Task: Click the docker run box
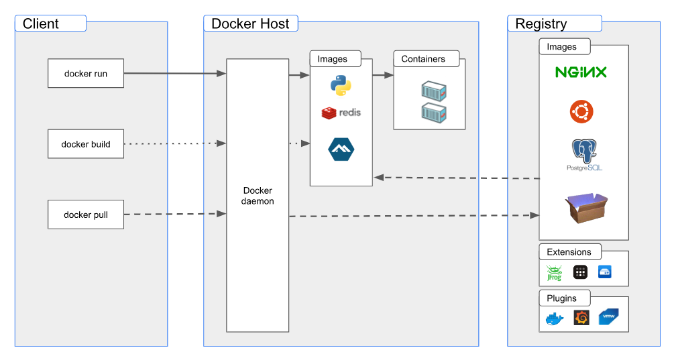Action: pyautogui.click(x=86, y=73)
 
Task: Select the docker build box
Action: pyautogui.click(x=86, y=143)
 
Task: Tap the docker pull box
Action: pyautogui.click(x=86, y=215)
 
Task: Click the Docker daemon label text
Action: pyautogui.click(x=258, y=196)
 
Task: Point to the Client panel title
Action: pyautogui.click(x=41, y=24)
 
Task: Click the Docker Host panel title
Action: pyautogui.click(x=250, y=24)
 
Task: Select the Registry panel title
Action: pyautogui.click(x=541, y=24)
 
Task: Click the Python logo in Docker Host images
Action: pyautogui.click(x=341, y=86)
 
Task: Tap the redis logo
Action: pyautogui.click(x=341, y=113)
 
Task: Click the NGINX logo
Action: pyautogui.click(x=581, y=72)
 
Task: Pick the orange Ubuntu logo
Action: pyautogui.click(x=581, y=111)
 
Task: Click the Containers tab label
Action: pyautogui.click(x=423, y=59)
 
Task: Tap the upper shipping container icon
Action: pyautogui.click(x=434, y=91)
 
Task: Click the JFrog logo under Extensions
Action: pyautogui.click(x=554, y=273)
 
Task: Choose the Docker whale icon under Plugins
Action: pyautogui.click(x=555, y=318)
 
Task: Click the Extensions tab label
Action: pyautogui.click(x=569, y=252)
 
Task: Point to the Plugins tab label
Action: pyautogui.click(x=561, y=298)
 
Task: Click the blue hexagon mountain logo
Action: pyautogui.click(x=341, y=149)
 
